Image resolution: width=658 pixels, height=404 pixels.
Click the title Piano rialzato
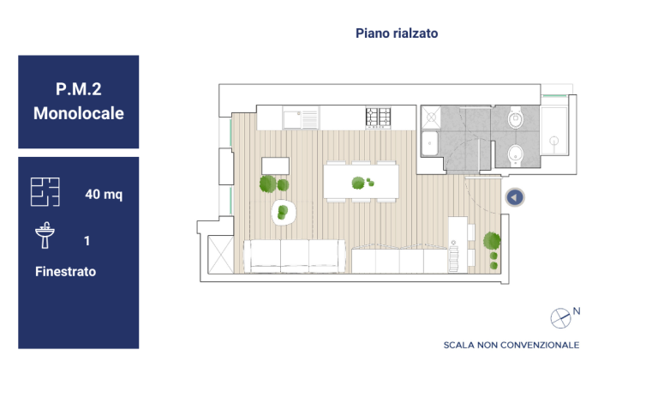coord(397,33)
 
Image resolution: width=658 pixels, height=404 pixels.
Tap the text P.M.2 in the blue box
coord(79,89)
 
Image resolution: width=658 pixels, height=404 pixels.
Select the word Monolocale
coord(79,113)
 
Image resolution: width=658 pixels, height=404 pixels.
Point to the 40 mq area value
coord(104,194)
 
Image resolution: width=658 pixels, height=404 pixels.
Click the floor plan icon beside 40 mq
coord(45,191)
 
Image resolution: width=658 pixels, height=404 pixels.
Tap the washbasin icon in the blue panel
coord(45,235)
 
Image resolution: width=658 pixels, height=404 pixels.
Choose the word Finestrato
coord(65,271)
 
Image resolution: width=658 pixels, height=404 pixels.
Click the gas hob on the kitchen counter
coord(378,118)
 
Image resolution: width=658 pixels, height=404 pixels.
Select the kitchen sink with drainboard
coord(301,118)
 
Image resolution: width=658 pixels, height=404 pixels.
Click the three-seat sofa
coord(295,256)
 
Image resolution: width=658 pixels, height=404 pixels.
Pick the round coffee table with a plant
coord(284,212)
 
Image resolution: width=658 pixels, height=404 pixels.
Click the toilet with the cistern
coord(515,118)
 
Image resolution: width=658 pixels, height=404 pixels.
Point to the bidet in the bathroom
coord(515,154)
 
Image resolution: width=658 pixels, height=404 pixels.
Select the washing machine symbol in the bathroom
coord(431,117)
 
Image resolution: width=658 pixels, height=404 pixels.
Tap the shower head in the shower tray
coord(554,141)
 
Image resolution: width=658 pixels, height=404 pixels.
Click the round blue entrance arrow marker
coord(515,197)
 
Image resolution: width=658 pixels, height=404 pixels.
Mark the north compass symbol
coord(560,318)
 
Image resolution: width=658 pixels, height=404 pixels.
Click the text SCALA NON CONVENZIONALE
coord(511,345)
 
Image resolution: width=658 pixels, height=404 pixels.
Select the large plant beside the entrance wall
coord(492,241)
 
